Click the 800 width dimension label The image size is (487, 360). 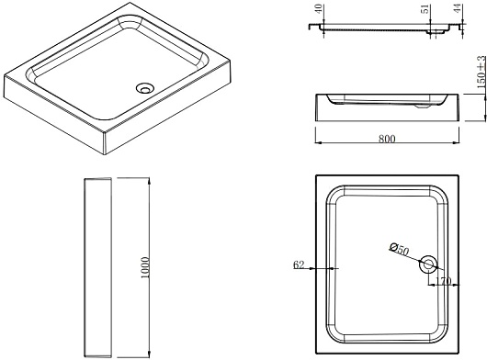click(387, 139)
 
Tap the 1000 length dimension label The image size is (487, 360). click(145, 267)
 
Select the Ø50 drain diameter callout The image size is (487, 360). click(400, 249)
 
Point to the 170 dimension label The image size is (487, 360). click(443, 281)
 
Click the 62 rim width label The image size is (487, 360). click(299, 265)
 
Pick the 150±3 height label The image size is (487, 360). click(481, 73)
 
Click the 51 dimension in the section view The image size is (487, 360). click(426, 8)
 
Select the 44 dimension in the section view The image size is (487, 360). click(458, 8)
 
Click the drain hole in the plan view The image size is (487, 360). click(428, 264)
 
